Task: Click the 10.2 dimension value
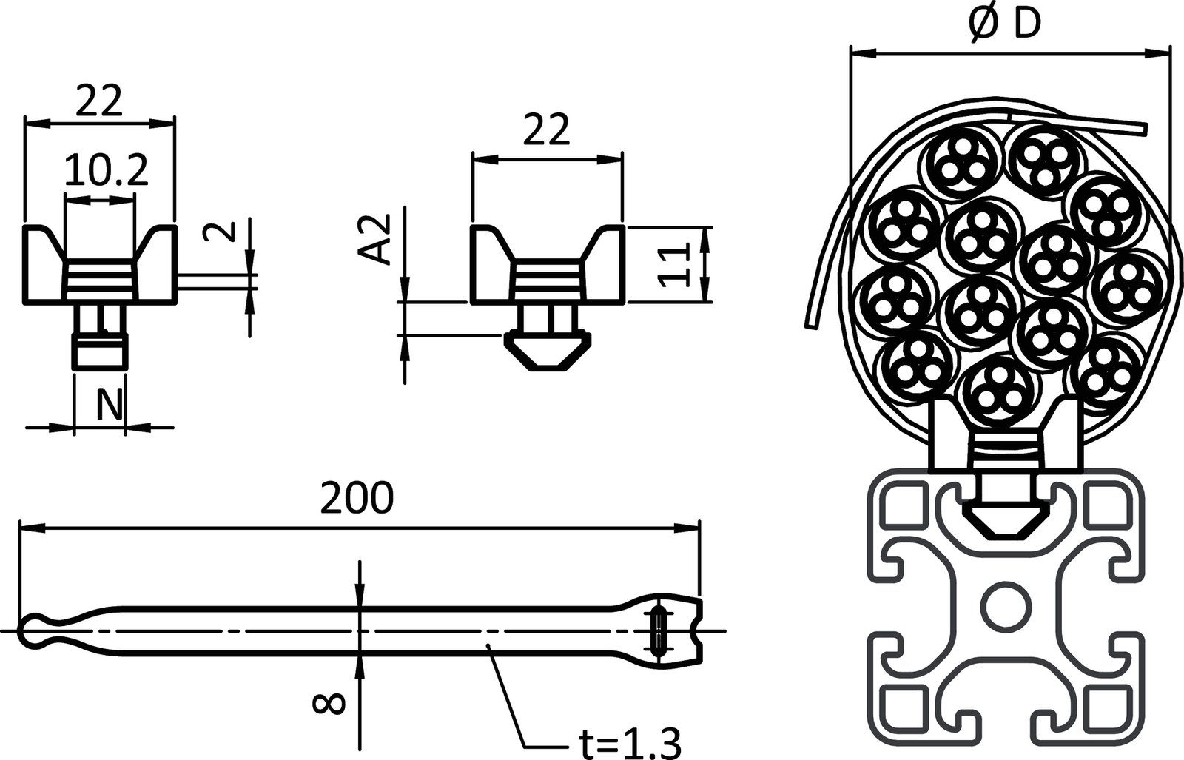pos(106,171)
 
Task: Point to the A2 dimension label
pos(379,240)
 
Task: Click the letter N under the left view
pos(110,404)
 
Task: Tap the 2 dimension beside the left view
pos(229,230)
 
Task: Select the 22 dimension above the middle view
pos(547,131)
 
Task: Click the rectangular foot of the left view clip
pos(99,352)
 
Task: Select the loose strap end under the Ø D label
pos(1110,125)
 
